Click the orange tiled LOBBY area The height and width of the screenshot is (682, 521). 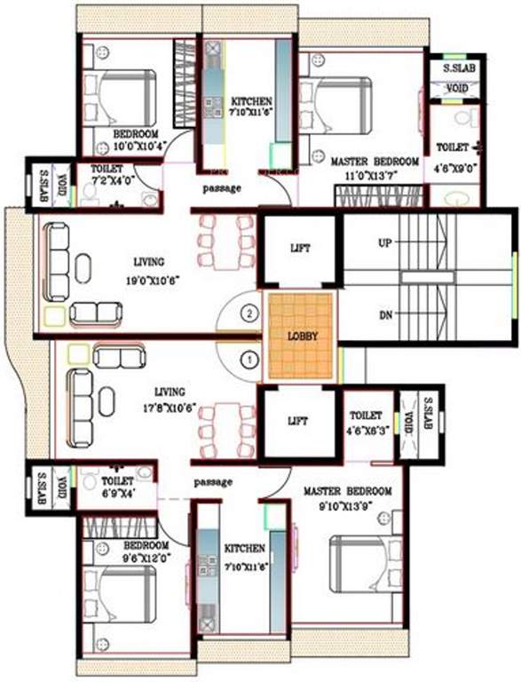pyautogui.click(x=301, y=337)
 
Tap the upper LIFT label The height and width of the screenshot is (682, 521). pyautogui.click(x=300, y=249)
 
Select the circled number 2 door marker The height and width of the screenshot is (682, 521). pyautogui.click(x=251, y=313)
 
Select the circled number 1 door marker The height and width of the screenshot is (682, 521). pyautogui.click(x=250, y=360)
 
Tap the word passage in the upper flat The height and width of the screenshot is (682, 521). pyautogui.click(x=221, y=188)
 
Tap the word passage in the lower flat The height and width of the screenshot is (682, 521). pyautogui.click(x=213, y=482)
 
